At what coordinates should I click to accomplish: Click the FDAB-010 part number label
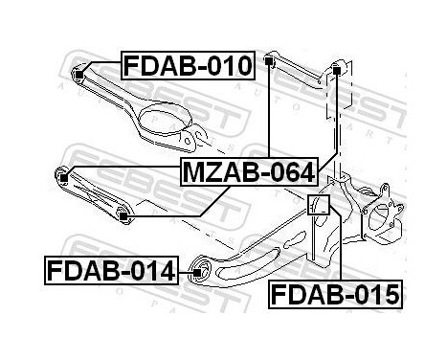188,66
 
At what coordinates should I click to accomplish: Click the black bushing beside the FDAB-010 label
80,69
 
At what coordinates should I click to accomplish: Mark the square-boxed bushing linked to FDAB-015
321,205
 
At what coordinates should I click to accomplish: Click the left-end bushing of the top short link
272,63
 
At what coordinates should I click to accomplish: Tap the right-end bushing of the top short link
338,68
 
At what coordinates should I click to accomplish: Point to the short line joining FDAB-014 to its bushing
185,272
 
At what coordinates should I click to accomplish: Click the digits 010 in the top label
228,66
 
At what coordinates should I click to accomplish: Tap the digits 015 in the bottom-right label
374,294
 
